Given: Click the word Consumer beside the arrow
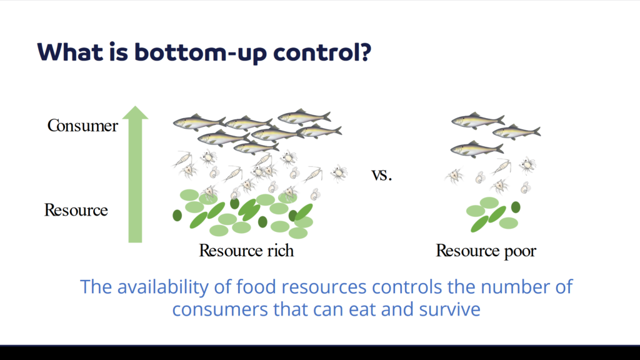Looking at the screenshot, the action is pos(82,125).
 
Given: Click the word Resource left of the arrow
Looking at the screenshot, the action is pos(76,210).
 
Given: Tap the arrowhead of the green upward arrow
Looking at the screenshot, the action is pos(135,112).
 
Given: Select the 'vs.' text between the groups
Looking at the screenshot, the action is pos(382,175).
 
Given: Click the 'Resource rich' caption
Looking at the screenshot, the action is pos(246,250).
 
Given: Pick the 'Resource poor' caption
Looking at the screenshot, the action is pos(486,251).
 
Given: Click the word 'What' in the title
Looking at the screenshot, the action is pos(70,52).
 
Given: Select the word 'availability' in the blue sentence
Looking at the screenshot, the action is pos(163,286).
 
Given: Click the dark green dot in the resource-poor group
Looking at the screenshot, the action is pos(516,207).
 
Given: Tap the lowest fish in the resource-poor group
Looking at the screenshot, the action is pos(477,149).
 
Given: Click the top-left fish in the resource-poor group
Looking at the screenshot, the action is pos(477,121).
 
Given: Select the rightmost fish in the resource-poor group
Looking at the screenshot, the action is pos(516,132).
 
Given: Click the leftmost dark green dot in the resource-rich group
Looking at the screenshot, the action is pos(177,216).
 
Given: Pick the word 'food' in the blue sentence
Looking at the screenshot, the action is pos(256,286).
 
